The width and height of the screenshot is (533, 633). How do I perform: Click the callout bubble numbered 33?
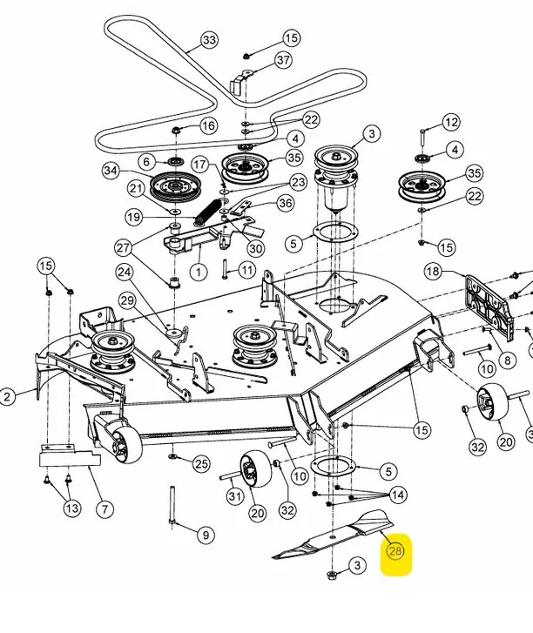[x=210, y=40]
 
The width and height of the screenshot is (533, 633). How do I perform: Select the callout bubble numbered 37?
[x=283, y=60]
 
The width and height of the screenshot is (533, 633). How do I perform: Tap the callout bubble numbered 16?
[x=208, y=125]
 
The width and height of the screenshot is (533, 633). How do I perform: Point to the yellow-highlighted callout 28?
[x=395, y=551]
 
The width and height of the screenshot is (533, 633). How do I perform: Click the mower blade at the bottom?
[x=333, y=534]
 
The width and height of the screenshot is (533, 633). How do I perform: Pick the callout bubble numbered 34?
[x=111, y=171]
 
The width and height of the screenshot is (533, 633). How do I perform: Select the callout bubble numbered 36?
[x=286, y=203]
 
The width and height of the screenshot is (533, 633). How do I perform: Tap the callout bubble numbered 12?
[x=451, y=122]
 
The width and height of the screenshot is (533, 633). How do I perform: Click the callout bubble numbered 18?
[x=433, y=272]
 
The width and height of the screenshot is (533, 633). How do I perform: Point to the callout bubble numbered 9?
[x=206, y=535]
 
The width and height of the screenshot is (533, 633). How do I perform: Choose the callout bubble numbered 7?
[x=105, y=508]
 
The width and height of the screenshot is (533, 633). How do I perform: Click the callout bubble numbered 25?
[x=202, y=464]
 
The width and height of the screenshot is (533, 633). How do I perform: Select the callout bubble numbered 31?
[x=235, y=495]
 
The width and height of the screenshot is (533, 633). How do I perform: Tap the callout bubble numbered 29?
[x=128, y=301]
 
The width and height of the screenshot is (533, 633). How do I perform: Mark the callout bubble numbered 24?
[x=124, y=273]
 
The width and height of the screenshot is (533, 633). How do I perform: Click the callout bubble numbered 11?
[x=247, y=270]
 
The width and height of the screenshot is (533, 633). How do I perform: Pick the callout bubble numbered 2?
[x=7, y=396]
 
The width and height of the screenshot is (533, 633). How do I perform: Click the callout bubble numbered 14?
[x=398, y=495]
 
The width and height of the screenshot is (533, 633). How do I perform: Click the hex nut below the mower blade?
[x=331, y=575]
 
